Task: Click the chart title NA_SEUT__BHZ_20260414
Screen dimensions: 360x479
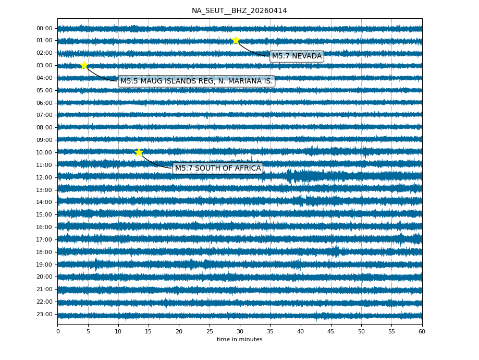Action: [239, 10]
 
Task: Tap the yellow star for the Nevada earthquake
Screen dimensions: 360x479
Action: [236, 40]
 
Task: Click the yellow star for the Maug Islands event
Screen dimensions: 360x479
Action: [84, 65]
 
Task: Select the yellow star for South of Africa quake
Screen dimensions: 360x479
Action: [139, 152]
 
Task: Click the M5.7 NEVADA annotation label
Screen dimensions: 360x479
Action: [297, 56]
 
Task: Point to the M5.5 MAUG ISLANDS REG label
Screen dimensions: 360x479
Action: [196, 81]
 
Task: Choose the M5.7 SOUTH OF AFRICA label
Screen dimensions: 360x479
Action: [218, 168]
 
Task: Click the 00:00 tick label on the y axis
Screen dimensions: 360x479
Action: [45, 28]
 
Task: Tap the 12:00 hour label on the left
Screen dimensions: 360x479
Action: [45, 177]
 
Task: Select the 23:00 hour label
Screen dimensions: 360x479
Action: [45, 314]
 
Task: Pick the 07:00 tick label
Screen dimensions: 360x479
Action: [45, 115]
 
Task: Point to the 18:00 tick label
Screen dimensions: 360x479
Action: [45, 252]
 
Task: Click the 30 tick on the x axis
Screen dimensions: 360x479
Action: [240, 331]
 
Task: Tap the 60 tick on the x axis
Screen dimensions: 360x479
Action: [422, 331]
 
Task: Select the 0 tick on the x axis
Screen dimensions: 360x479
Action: [58, 331]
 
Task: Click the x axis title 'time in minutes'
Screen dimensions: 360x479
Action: [239, 340]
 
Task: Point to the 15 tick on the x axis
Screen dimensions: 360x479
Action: [149, 331]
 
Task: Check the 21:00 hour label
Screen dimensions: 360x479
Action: [45, 289]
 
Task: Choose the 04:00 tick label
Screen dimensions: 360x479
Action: [45, 78]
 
